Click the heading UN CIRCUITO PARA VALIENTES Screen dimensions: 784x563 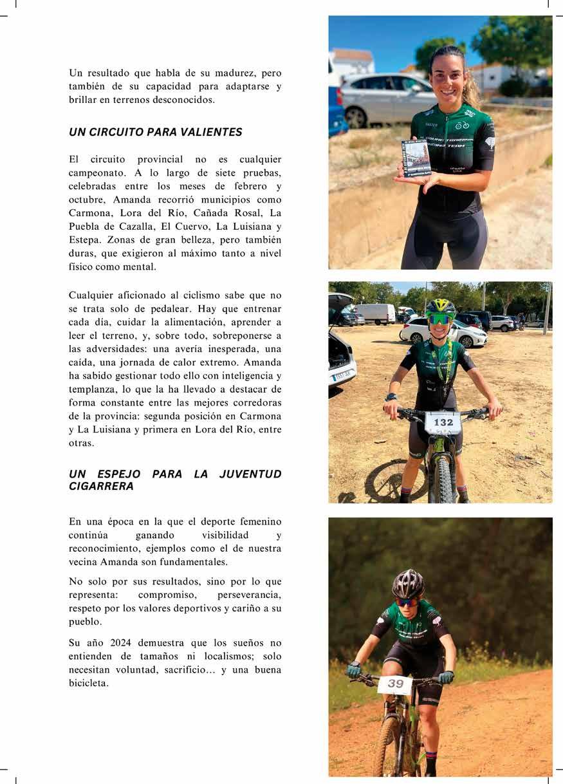[x=155, y=132]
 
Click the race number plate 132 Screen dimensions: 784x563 [x=443, y=422]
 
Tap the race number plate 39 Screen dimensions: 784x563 [x=396, y=684]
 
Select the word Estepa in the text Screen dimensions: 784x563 [x=85, y=239]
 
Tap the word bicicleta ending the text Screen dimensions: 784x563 [x=89, y=684]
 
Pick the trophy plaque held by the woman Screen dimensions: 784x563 [x=415, y=158]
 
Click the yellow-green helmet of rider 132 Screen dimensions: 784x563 [x=441, y=307]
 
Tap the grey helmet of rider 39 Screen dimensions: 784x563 [x=408, y=583]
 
